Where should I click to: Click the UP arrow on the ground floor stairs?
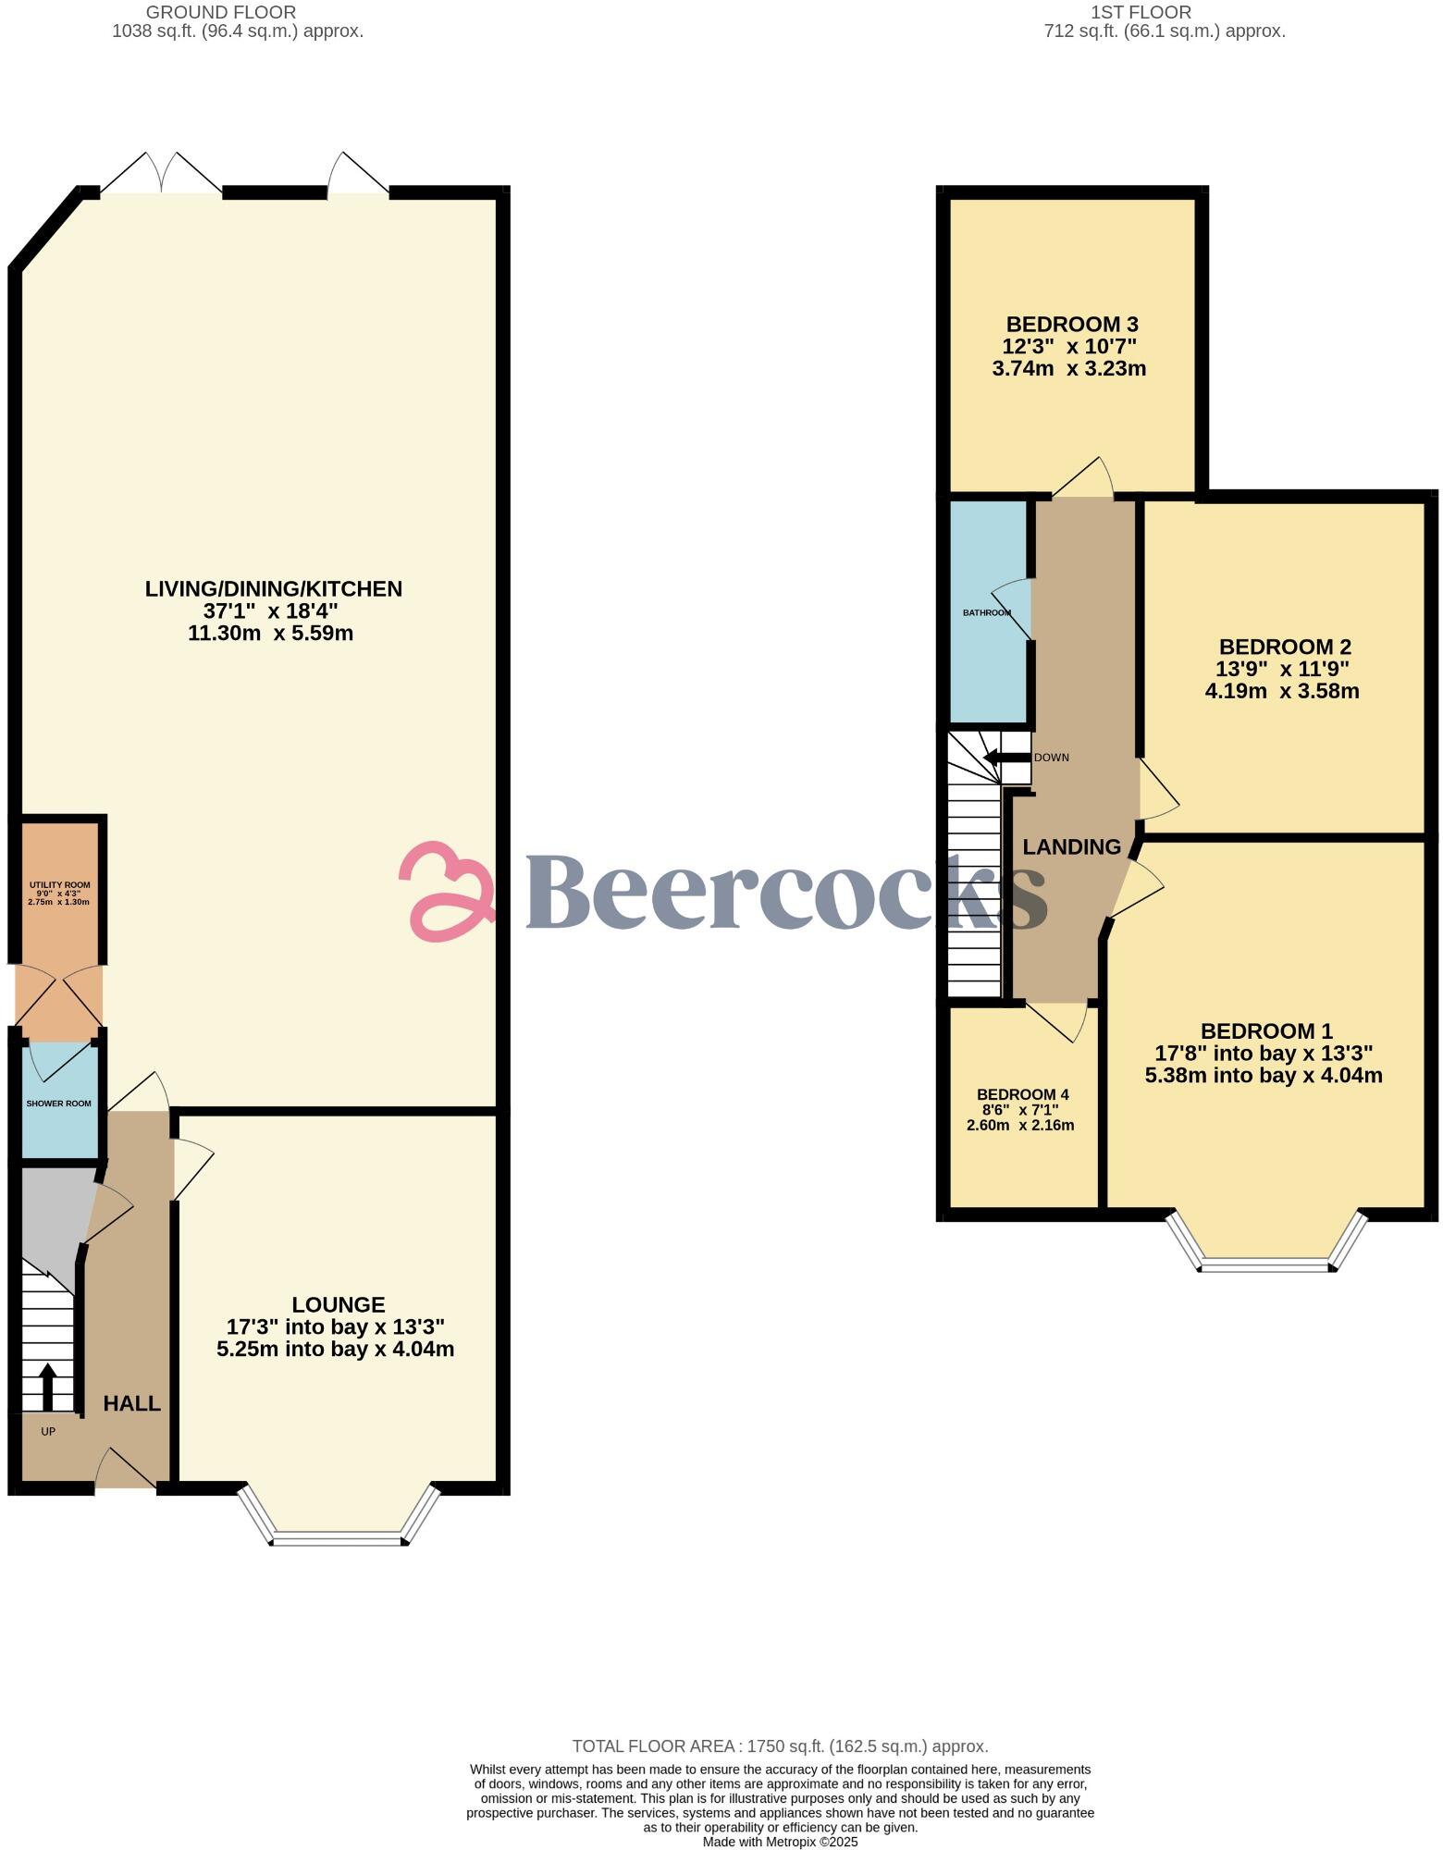[x=47, y=1385]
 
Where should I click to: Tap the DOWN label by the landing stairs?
[x=1051, y=758]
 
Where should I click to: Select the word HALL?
[x=131, y=1403]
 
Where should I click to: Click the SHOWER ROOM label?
[x=59, y=1104]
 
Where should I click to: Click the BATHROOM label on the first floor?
[x=986, y=612]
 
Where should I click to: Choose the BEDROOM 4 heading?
[x=1022, y=1094]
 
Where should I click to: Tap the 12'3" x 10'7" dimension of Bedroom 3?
[x=1069, y=347]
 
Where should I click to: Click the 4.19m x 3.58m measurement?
[x=1281, y=691]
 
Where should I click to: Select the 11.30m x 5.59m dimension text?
[x=270, y=634]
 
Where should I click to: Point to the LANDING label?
[x=1071, y=846]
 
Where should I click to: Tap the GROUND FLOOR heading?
[x=221, y=12]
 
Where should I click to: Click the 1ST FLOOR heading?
[x=1141, y=12]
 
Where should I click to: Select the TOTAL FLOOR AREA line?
[x=780, y=1746]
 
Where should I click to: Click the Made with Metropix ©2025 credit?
[x=780, y=1842]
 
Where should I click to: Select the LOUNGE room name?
[x=339, y=1304]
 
